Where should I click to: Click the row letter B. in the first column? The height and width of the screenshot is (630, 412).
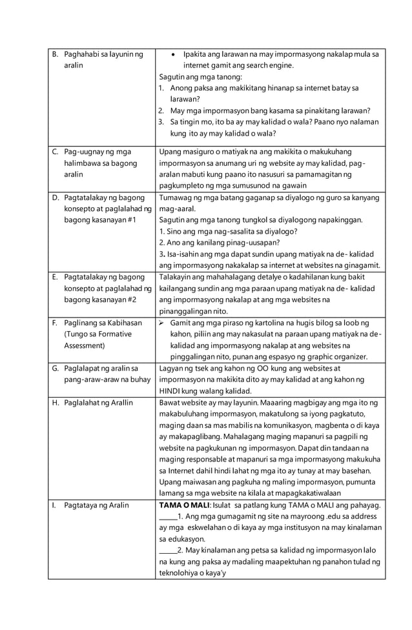55,54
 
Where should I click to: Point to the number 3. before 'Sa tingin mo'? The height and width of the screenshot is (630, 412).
161,122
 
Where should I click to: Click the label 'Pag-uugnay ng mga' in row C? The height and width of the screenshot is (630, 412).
98,152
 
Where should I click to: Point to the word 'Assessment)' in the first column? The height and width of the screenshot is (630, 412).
87,345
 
